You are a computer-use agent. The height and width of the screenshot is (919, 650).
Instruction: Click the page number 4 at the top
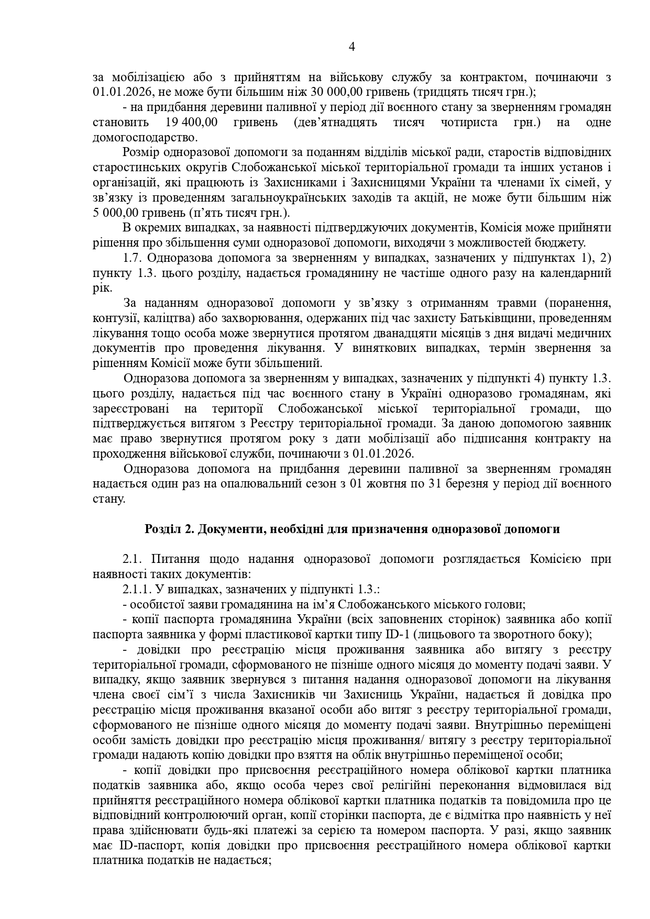pos(351,47)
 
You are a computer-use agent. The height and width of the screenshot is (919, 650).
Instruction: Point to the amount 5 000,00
pos(116,213)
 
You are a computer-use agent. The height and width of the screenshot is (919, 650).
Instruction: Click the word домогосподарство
pos(145,138)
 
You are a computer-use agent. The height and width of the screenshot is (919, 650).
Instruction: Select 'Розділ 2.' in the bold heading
pos(168,529)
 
